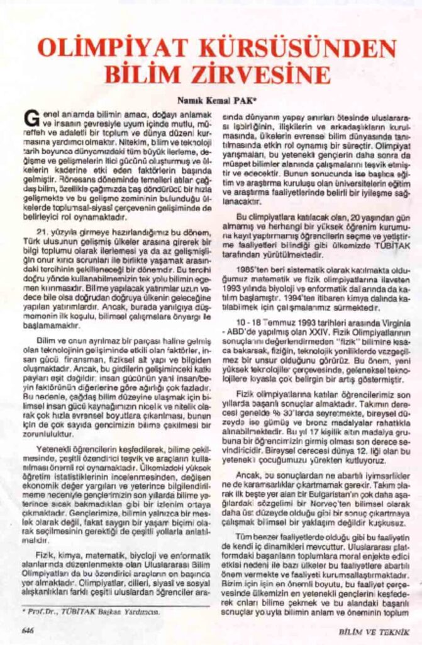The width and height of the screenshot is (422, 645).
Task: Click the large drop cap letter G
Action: (30, 118)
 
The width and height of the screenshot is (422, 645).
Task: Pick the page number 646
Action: (28, 630)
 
